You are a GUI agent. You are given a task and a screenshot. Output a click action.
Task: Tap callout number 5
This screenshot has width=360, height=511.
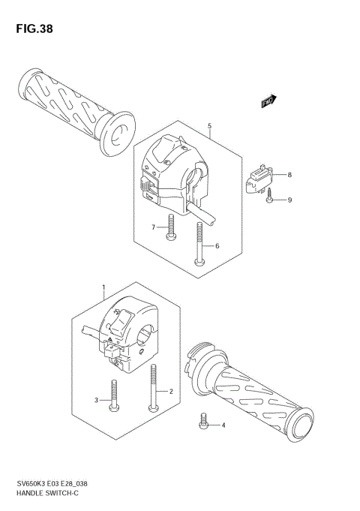pos(210,126)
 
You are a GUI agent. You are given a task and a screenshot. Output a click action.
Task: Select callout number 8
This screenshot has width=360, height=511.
pos(289,175)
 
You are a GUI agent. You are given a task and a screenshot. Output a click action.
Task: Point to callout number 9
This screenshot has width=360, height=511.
pos(289,200)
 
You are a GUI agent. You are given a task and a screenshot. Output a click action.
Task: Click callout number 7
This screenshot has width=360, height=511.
pos(152,227)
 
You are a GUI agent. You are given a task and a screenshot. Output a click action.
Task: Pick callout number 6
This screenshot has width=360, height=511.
pos(217,245)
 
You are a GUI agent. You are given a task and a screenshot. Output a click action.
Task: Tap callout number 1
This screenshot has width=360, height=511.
pos(103,287)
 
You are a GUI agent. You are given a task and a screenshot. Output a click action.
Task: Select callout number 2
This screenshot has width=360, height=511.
pos(171,391)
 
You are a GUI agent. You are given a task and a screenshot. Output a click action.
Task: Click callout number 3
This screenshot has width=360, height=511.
pos(96,400)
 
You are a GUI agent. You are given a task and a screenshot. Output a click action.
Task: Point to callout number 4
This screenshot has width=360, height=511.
pos(222,425)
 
